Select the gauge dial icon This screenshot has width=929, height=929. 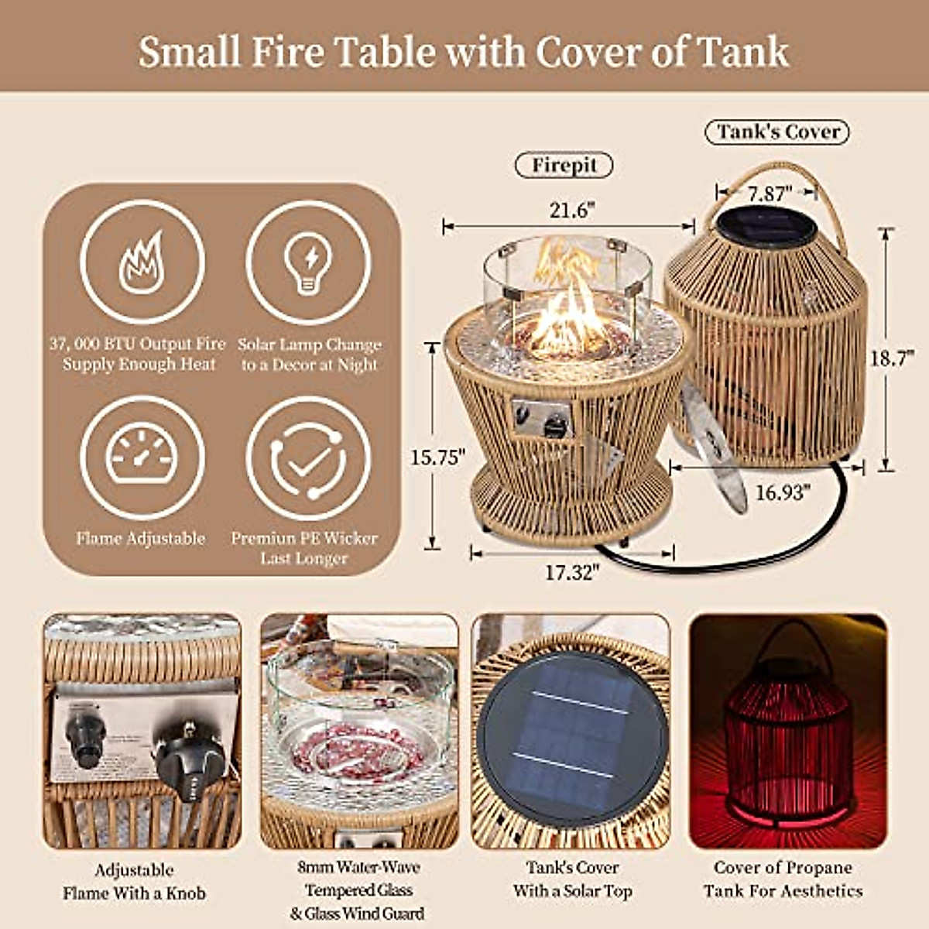tap(142, 457)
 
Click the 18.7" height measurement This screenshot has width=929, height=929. tap(892, 359)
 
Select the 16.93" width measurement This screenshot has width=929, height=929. tap(782, 492)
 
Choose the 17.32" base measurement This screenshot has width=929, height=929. tap(572, 572)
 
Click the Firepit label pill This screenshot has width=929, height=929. tap(564, 165)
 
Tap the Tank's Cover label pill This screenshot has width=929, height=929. tap(776, 132)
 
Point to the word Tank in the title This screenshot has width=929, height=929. tap(744, 53)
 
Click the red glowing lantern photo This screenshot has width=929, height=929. tap(788, 731)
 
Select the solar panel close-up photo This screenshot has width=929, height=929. tap(571, 731)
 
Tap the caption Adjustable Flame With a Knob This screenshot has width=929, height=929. tap(135, 881)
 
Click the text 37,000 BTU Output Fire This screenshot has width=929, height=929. tap(138, 344)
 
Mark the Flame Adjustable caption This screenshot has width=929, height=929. tap(141, 538)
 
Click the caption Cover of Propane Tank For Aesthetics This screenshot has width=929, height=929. tap(783, 879)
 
